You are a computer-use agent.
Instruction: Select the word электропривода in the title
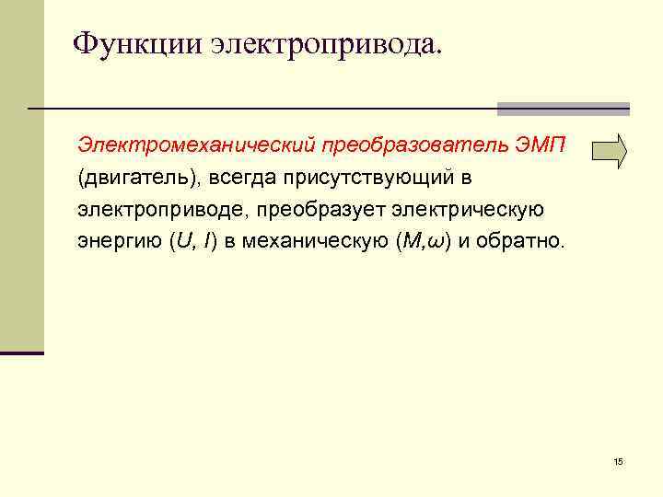coord(326,42)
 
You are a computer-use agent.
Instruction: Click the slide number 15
coord(618,461)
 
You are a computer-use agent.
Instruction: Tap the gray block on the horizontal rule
coord(563,109)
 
